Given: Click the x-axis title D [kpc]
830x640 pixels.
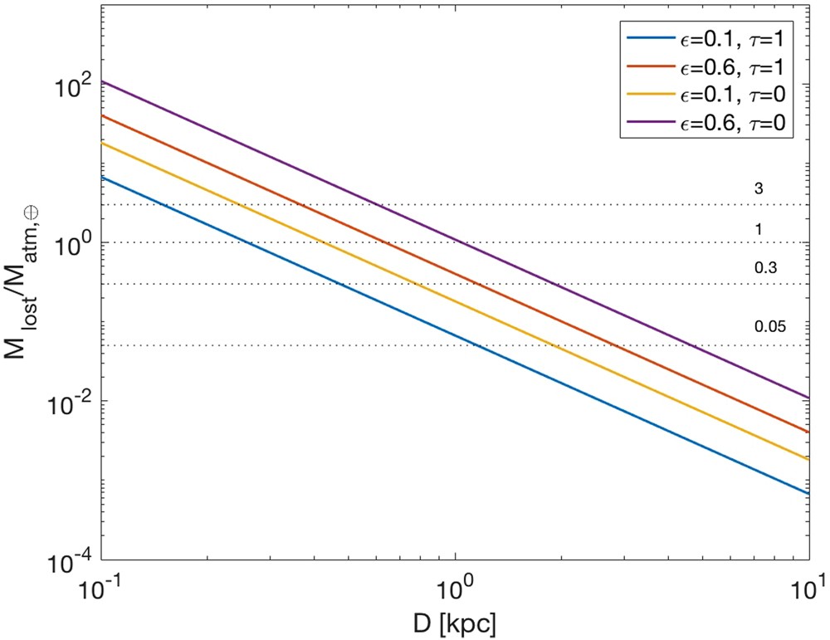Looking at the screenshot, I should [454, 621].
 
